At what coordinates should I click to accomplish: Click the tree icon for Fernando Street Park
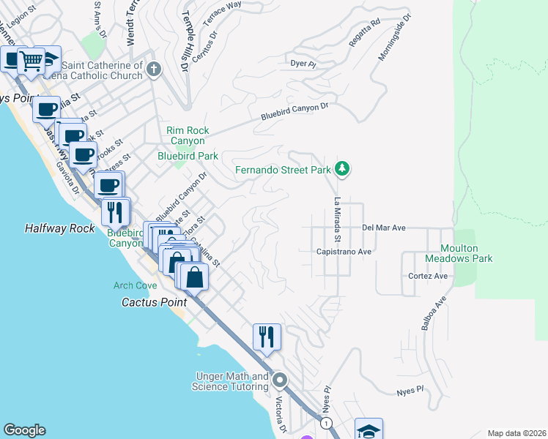coord(341,170)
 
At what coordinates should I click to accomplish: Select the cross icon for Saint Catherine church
coord(153,70)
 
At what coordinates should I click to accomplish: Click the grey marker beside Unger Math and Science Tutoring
coord(279,380)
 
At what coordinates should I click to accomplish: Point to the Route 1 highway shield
coord(327,424)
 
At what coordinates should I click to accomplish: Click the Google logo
coord(24,430)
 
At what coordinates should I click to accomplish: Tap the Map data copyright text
coord(516,433)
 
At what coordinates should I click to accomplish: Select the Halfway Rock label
coord(60,228)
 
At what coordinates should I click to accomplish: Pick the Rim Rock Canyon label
coord(188,135)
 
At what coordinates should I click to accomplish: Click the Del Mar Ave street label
coord(384,228)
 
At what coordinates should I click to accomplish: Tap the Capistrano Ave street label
coord(345,251)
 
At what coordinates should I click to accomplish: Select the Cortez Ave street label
coord(428,276)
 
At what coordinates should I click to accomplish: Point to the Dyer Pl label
coord(303,64)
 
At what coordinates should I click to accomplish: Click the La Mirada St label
coord(338,220)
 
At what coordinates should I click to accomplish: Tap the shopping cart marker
coord(31,61)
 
